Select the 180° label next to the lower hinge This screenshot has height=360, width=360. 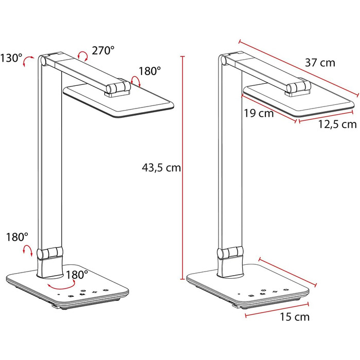[16, 237]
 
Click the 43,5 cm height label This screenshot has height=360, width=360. [160, 168]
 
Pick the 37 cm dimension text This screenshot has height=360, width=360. [320, 63]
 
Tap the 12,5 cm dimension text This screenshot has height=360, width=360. [337, 124]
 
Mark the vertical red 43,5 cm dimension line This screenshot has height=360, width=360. [183, 167]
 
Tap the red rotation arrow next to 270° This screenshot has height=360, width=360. [82, 55]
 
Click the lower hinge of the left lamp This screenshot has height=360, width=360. [50, 254]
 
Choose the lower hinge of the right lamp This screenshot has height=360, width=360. [229, 254]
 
